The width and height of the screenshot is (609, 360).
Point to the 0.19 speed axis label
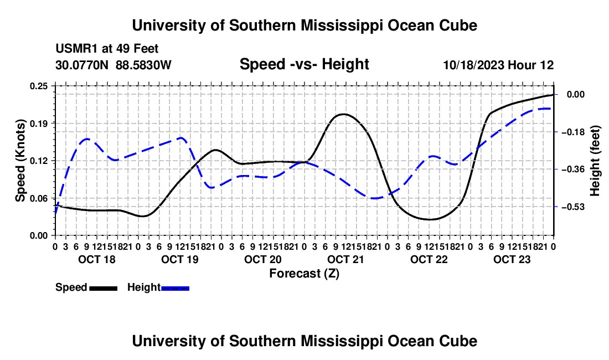[x=38, y=124]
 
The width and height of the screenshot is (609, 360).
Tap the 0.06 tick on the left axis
[x=38, y=198]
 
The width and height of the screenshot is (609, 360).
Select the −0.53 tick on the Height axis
[x=573, y=207]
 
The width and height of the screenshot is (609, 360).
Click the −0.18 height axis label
[x=573, y=132]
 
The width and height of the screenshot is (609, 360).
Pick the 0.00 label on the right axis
[x=576, y=95]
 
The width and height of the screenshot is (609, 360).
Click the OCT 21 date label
[x=345, y=259]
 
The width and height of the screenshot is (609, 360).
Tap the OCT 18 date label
[x=97, y=259]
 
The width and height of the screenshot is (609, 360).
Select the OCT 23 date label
[x=512, y=259]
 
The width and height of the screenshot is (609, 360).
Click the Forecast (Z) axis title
[x=304, y=274]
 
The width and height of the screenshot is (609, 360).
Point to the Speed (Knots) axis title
[x=20, y=161]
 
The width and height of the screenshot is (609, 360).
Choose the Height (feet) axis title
[x=595, y=161]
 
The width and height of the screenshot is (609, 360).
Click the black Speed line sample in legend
[x=104, y=289]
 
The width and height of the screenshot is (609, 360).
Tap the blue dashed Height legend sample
[x=175, y=289]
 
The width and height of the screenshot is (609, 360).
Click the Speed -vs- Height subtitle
[x=304, y=64]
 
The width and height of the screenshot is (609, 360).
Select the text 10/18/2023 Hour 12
[x=498, y=65]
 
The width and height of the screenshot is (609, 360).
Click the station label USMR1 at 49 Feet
[x=107, y=49]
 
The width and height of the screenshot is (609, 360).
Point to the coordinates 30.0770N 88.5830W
[x=113, y=65]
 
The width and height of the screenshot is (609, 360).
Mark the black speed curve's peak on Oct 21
[x=343, y=114]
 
